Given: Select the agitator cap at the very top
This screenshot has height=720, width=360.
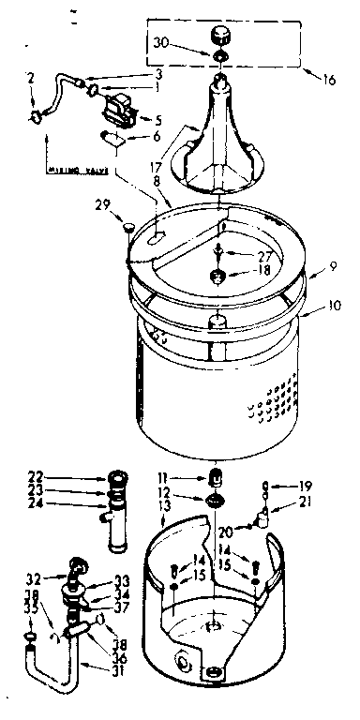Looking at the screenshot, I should coord(223,36).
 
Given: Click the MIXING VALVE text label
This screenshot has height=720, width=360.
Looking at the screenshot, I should coord(73,172).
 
